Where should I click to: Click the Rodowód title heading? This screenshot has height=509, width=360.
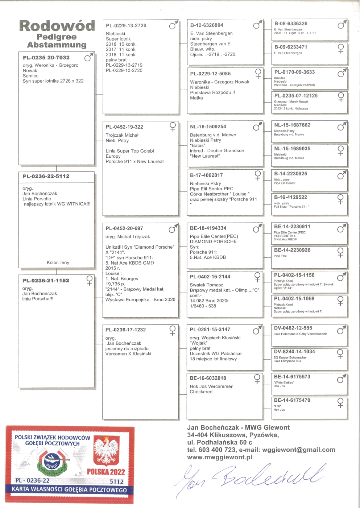pos(57,26)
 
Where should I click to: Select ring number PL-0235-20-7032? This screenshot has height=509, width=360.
pos(46,58)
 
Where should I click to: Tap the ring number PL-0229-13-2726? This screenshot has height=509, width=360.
pos(126,26)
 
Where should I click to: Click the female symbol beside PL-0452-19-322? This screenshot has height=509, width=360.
pos(173,127)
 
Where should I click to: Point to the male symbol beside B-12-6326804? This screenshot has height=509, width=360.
pos(257,25)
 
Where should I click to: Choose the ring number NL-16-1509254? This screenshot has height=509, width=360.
pos(208,127)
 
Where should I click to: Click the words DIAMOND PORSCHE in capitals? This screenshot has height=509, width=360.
pos(213,242)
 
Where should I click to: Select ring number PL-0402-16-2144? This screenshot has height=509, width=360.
pos(210,277)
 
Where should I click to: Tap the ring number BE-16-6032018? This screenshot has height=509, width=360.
pos(208,378)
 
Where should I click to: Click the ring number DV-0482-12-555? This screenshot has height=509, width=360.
pos(293,328)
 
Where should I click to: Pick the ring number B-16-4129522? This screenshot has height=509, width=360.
pos(290,197)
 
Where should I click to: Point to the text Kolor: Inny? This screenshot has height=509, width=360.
pos(58,262)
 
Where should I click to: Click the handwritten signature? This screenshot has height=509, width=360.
pos(250,478)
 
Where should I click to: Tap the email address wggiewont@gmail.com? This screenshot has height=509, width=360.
pos(299,450)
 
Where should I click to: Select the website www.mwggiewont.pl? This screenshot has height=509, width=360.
pos(220,458)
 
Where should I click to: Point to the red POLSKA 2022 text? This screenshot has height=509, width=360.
pos(106,472)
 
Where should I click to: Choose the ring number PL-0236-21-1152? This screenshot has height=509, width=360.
pos(46,281)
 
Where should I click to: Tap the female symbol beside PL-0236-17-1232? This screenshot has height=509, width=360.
pos(172,330)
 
